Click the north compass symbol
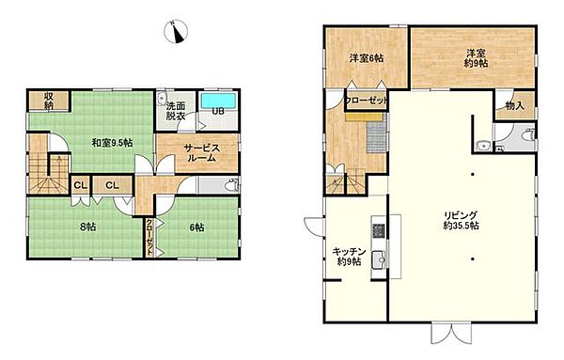click(176, 31)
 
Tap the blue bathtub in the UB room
click(218, 101)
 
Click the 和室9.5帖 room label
click(112, 143)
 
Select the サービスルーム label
click(201, 153)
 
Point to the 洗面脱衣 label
click(176, 111)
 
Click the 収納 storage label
click(49, 101)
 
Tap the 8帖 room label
click(87, 227)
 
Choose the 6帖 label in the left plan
click(196, 227)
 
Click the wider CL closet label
click(112, 185)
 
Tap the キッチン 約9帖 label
click(349, 257)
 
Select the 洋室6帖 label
click(367, 58)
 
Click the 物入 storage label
click(515, 106)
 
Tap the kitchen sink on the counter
click(379, 258)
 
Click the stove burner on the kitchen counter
click(379, 229)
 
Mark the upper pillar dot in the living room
click(473, 175)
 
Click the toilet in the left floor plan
click(231, 185)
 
